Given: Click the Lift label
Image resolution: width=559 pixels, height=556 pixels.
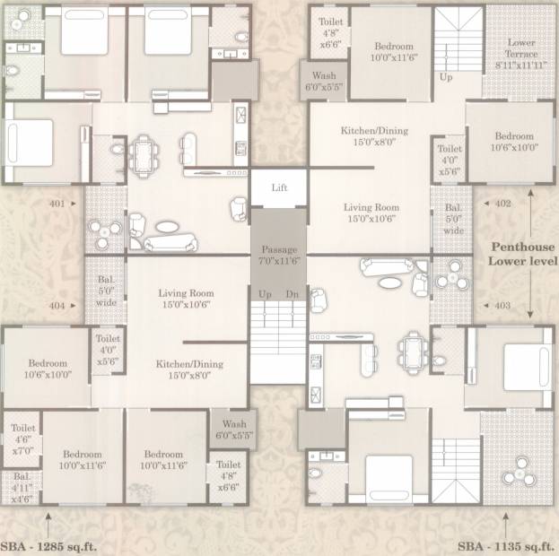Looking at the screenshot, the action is pyautogui.click(x=279, y=187).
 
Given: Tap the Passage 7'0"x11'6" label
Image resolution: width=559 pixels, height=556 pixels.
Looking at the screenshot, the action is pyautogui.click(x=279, y=255).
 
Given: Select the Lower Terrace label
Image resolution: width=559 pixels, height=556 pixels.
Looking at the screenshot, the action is pyautogui.click(x=520, y=54).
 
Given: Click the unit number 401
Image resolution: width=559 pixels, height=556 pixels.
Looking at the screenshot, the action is pyautogui.click(x=57, y=204).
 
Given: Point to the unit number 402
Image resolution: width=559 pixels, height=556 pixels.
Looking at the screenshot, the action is pyautogui.click(x=503, y=204).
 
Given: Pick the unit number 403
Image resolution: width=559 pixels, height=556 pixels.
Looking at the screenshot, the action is pyautogui.click(x=502, y=306).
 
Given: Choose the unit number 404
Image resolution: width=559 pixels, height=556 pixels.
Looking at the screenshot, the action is pyautogui.click(x=57, y=306).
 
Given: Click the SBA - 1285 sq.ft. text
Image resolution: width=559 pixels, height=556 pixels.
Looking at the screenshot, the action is pyautogui.click(x=48, y=546).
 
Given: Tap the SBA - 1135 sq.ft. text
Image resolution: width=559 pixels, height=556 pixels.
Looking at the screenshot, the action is pyautogui.click(x=506, y=546).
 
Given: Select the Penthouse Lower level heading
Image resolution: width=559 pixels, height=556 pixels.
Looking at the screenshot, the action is pyautogui.click(x=522, y=254).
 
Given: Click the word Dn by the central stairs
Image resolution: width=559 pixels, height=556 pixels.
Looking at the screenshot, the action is pyautogui.click(x=292, y=294).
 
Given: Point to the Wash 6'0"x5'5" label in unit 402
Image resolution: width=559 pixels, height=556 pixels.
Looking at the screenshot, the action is pyautogui.click(x=324, y=82).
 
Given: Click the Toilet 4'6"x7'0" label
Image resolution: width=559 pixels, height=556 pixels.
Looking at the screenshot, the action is pyautogui.click(x=22, y=439).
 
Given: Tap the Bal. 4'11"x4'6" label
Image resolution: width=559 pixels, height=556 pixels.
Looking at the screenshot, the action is pyautogui.click(x=22, y=488).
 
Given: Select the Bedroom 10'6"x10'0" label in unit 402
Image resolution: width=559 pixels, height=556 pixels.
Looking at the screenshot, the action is pyautogui.click(x=514, y=142).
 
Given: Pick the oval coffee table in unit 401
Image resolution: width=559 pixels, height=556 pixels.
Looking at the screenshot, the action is pyautogui.click(x=167, y=227).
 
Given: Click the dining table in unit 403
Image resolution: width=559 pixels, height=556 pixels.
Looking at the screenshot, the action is pyautogui.click(x=413, y=353).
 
